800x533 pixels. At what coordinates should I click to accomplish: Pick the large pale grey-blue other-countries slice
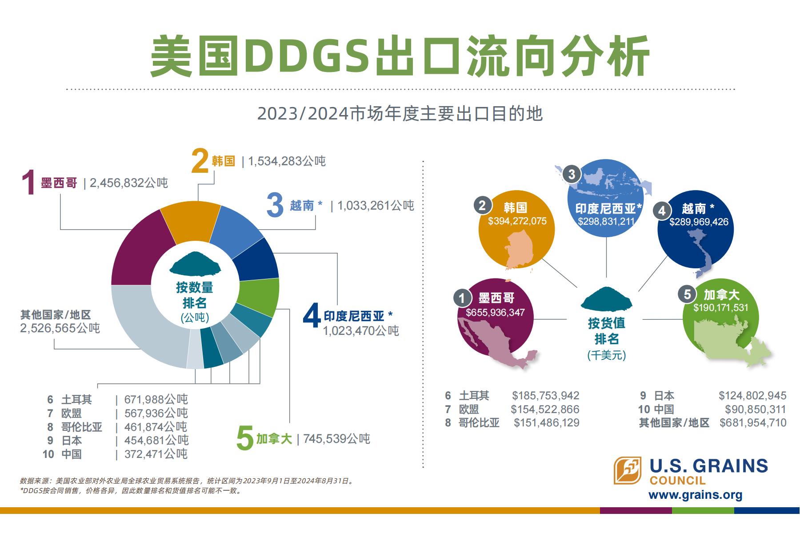click(x=142, y=324)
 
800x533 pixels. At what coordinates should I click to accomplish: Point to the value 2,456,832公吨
click(x=129, y=183)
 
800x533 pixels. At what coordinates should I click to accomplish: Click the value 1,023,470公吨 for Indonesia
click(x=361, y=331)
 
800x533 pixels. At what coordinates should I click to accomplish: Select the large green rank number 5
click(x=245, y=438)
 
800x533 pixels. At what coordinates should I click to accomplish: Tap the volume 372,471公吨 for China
click(x=156, y=454)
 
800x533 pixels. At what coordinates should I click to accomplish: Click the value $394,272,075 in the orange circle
click(x=517, y=221)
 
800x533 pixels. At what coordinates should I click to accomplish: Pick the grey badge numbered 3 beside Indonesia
click(x=572, y=174)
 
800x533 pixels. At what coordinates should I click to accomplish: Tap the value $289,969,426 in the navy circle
click(x=699, y=222)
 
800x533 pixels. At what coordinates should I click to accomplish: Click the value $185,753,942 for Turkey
click(x=546, y=396)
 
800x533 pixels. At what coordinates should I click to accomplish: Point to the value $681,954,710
click(x=753, y=423)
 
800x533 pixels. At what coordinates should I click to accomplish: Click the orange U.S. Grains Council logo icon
click(x=628, y=470)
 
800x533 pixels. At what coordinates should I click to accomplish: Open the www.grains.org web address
click(x=696, y=495)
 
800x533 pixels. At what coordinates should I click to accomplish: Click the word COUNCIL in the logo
click(x=678, y=481)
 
